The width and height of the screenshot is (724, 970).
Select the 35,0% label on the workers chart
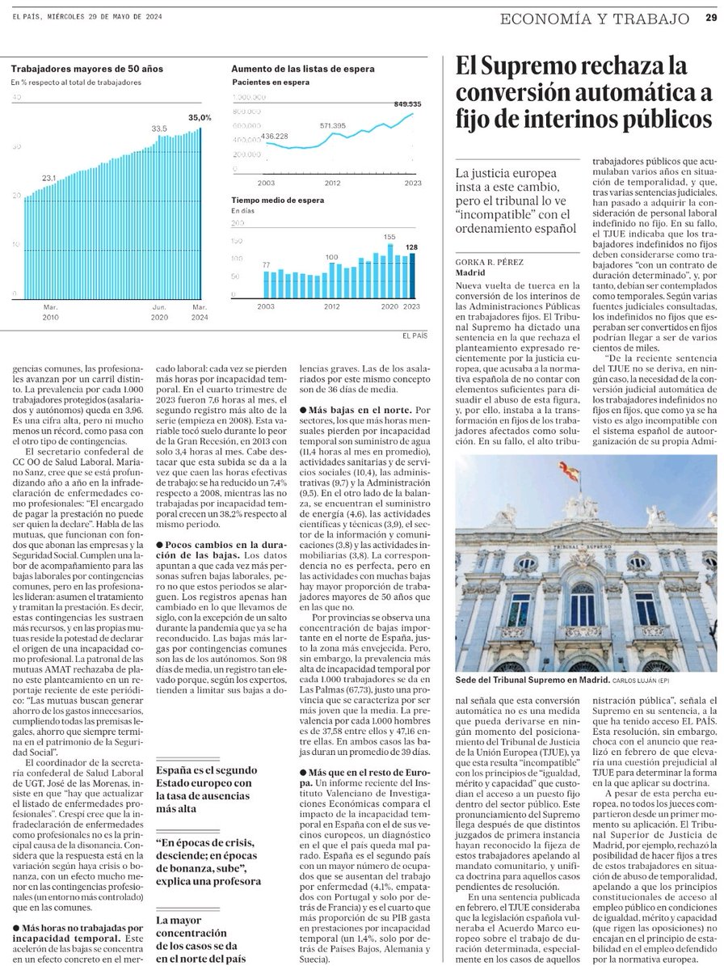pyautogui.click(x=199, y=118)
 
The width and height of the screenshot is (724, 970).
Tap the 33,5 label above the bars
pyautogui.click(x=159, y=128)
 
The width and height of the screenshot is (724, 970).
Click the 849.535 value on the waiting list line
pyautogui.click(x=405, y=104)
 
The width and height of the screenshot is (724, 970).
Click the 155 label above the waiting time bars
pyautogui.click(x=389, y=237)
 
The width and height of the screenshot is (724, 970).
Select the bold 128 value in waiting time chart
pyautogui.click(x=412, y=247)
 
